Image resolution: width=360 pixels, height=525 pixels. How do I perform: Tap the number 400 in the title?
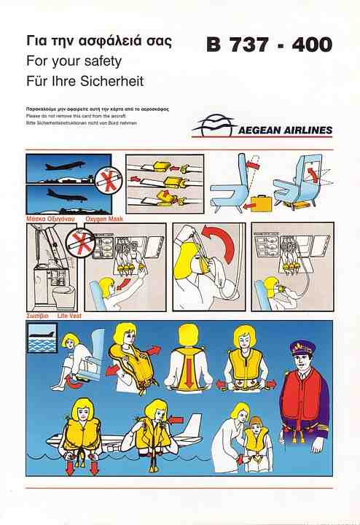tap(311, 45)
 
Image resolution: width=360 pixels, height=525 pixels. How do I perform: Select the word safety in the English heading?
tap(103, 61)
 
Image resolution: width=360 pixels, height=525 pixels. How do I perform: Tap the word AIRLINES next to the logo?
tap(308, 130)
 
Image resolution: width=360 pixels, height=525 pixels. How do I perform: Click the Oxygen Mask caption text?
tap(104, 219)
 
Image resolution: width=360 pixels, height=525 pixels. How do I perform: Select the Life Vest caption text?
tap(69, 316)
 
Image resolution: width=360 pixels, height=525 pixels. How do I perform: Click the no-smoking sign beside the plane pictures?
tap(109, 180)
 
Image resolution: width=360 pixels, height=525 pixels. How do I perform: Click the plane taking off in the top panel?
tap(66, 166)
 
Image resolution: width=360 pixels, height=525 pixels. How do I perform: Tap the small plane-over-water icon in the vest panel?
tap(42, 338)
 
